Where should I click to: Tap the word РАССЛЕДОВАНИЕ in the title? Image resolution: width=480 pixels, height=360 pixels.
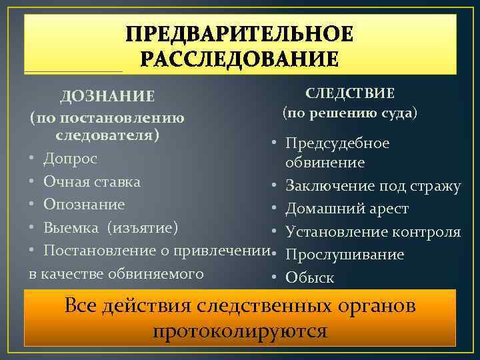(240, 59)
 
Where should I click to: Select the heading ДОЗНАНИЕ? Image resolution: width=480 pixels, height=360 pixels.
(107, 97)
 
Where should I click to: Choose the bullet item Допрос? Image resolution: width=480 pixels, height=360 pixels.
(70, 159)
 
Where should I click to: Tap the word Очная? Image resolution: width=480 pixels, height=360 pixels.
(64, 181)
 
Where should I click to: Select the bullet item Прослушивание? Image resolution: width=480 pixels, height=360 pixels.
(345, 255)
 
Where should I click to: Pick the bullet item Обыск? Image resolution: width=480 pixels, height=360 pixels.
(309, 278)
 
